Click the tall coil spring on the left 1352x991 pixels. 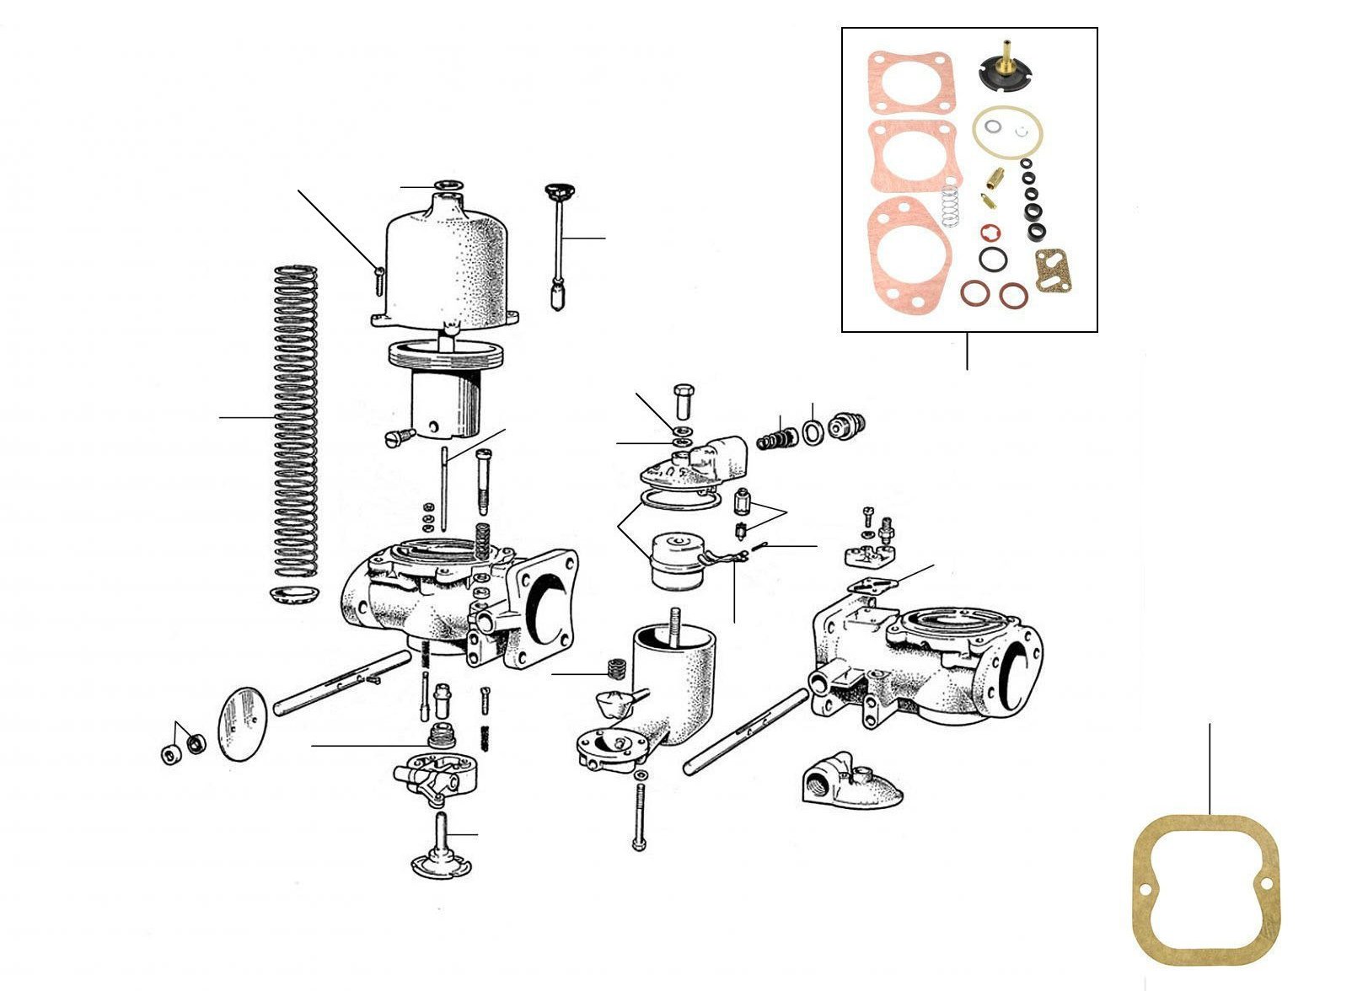297,421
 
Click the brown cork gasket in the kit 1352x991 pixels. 1053,271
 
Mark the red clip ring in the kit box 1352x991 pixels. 990,233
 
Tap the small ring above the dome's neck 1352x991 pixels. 447,185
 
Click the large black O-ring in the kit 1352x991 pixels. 992,261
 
